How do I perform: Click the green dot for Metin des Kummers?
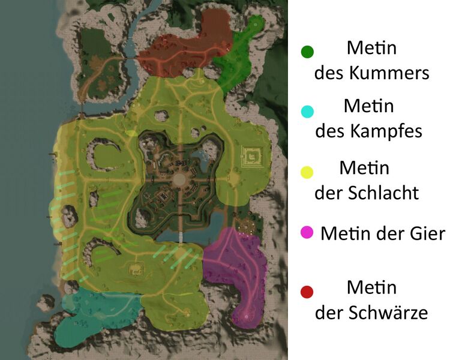(x=307, y=52)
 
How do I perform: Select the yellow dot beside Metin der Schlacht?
(x=307, y=173)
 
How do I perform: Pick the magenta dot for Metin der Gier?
(x=307, y=232)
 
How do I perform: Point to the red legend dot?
(x=307, y=292)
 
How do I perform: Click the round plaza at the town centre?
(x=179, y=179)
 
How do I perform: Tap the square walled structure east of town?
(x=252, y=157)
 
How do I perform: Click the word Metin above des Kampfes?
(x=369, y=106)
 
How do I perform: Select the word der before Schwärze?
(x=330, y=313)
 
